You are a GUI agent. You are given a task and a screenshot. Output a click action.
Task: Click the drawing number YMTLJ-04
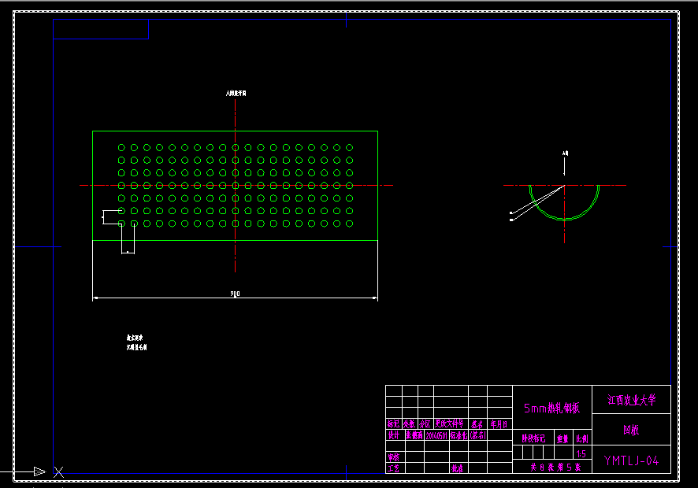(631, 460)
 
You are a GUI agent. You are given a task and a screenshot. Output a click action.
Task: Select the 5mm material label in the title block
(551, 408)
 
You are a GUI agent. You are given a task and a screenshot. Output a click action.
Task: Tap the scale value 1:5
(581, 453)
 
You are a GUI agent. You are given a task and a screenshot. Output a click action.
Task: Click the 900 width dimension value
(235, 294)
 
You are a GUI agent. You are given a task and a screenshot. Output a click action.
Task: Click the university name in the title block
(631, 400)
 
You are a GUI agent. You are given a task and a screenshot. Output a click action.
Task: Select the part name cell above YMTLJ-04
(631, 431)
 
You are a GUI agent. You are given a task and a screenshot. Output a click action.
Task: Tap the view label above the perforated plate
(236, 93)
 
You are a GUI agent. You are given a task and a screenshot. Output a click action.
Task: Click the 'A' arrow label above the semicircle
(565, 153)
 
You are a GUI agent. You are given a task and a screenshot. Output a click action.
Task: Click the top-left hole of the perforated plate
(121, 147)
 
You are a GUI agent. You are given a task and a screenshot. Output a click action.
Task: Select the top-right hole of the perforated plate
(349, 147)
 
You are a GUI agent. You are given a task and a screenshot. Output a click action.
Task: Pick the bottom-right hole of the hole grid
(349, 224)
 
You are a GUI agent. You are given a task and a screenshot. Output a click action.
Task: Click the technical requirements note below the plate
(136, 342)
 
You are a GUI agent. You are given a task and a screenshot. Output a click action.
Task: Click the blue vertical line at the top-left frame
(148, 29)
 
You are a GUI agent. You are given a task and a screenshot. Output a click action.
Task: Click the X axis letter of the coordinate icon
(58, 471)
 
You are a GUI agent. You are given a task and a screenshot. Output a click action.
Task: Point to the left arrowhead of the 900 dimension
(96, 298)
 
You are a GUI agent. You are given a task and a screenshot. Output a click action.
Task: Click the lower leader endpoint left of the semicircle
(511, 220)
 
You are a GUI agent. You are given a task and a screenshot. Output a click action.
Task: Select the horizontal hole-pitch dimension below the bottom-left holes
(128, 252)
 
